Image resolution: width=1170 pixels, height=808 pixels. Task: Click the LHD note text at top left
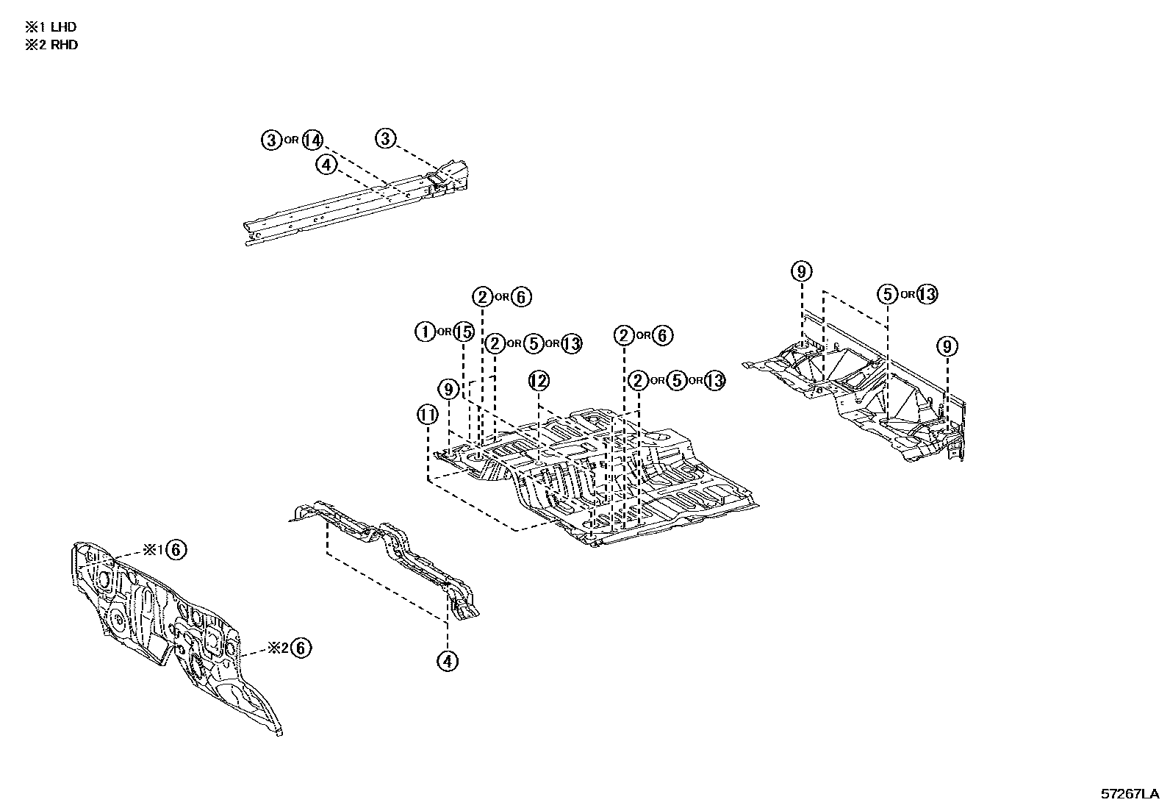(51, 27)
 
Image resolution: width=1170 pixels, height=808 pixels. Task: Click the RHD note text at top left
(51, 45)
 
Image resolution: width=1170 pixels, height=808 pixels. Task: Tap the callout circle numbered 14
(313, 140)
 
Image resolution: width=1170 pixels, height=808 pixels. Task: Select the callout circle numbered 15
(463, 332)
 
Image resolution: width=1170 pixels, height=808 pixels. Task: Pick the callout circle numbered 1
(426, 332)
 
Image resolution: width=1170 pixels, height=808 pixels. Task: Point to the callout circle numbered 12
(539, 381)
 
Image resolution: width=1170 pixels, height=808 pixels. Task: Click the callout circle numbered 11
(427, 415)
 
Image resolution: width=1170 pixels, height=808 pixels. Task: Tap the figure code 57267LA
(1129, 794)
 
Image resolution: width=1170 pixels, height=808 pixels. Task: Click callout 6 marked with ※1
(176, 549)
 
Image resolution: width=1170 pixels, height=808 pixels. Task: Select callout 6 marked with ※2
(301, 648)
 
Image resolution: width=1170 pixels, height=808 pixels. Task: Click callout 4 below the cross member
(447, 661)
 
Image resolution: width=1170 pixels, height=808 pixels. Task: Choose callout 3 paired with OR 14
(272, 140)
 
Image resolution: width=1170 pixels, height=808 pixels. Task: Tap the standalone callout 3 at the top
(386, 138)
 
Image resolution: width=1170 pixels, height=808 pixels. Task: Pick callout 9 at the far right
(947, 346)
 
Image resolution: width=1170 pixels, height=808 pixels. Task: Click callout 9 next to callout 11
(448, 388)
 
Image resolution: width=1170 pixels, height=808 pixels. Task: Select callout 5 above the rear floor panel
(888, 295)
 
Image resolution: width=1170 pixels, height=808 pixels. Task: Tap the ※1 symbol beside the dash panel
(151, 549)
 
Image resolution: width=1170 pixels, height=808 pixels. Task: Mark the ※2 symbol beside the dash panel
(276, 648)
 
